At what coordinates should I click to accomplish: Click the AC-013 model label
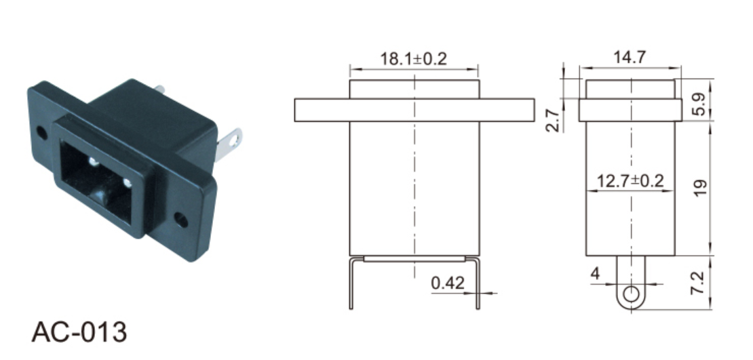79,332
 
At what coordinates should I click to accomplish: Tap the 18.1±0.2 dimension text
414,59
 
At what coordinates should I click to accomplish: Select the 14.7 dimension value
630,57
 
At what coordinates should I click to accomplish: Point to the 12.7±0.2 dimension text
630,181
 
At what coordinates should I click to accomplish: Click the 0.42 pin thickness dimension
448,283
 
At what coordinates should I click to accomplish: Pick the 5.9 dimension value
699,104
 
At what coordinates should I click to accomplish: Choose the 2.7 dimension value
554,121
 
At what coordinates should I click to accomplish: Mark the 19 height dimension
700,187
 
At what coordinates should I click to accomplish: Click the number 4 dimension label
596,274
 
